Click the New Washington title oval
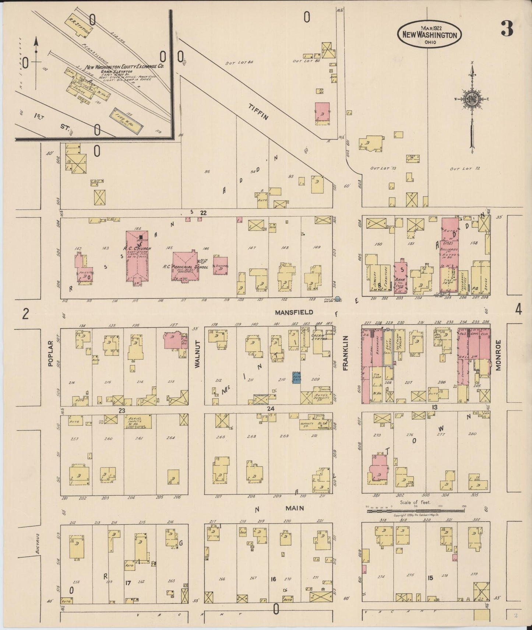pyautogui.click(x=430, y=34)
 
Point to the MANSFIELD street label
pyautogui.click(x=294, y=312)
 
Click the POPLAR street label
pyautogui.click(x=51, y=353)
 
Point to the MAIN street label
pyautogui.click(x=295, y=508)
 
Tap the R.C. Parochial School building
pyautogui.click(x=185, y=266)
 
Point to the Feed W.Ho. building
pyautogui.click(x=128, y=121)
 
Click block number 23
pyautogui.click(x=122, y=410)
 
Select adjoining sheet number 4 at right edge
pyautogui.click(x=518, y=310)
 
